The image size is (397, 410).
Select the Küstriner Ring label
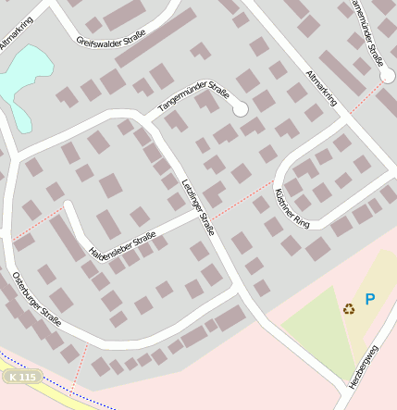(292, 197)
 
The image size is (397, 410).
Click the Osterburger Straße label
(37, 300)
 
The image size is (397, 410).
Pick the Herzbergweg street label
(364, 366)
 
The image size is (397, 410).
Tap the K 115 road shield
(22, 377)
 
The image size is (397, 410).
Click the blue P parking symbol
(370, 299)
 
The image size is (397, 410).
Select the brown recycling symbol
(349, 308)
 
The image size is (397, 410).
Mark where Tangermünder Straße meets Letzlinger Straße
(148, 120)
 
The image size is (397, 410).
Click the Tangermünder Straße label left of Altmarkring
(193, 96)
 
